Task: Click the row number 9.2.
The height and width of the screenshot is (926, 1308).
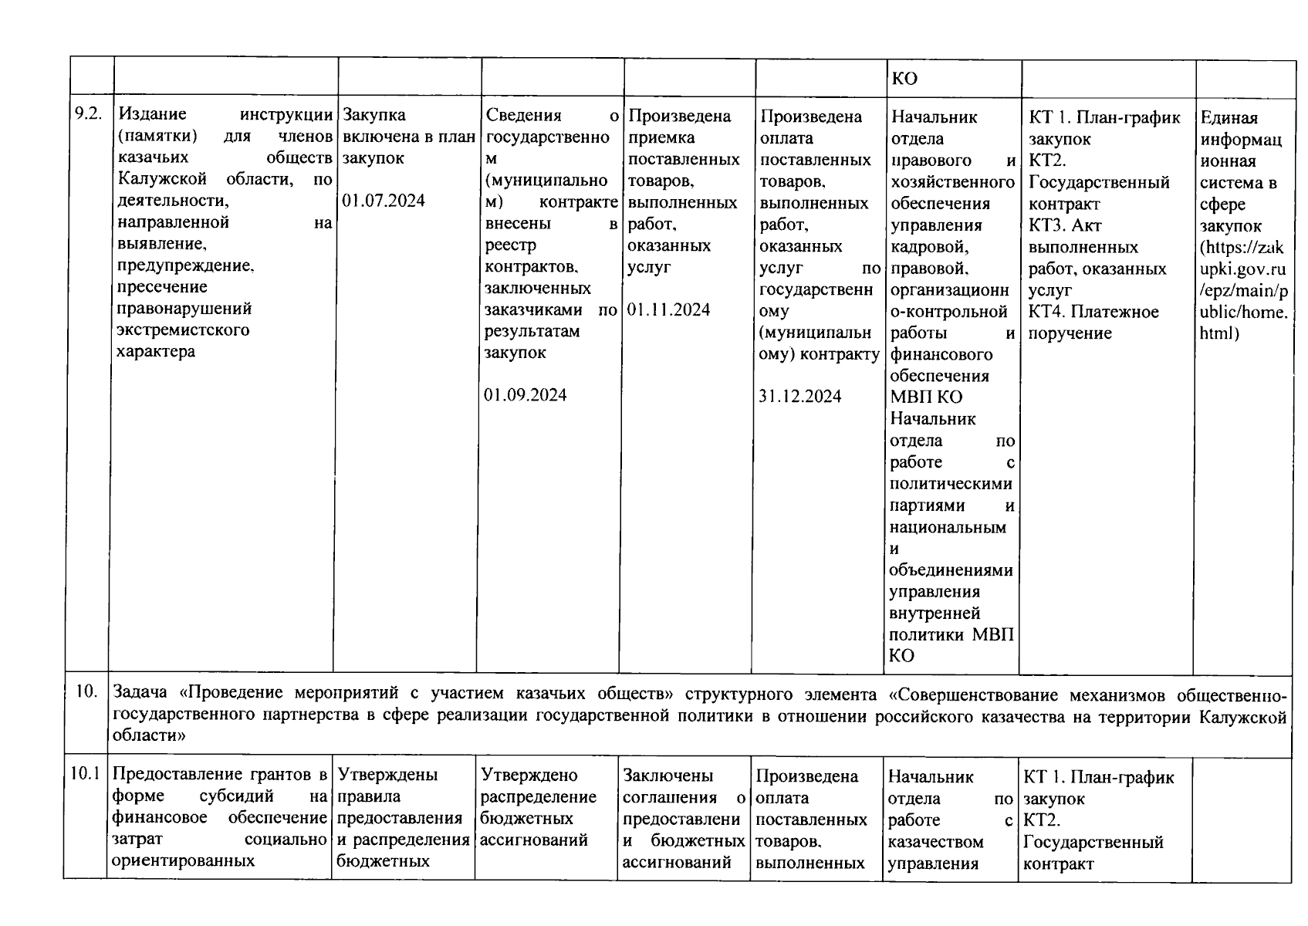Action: [87, 114]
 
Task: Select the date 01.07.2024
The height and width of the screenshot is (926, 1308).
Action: [384, 201]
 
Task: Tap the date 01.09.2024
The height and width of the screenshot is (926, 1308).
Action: [526, 395]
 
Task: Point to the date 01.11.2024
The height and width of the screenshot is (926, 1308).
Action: [669, 310]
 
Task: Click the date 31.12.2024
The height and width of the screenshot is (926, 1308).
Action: [800, 397]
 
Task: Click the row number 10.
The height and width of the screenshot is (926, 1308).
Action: [86, 691]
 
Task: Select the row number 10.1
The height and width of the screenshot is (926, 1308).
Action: [86, 773]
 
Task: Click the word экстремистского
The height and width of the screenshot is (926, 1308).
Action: [183, 330]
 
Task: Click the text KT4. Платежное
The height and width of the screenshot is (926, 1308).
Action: [1093, 312]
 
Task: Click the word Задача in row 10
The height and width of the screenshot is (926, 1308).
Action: [140, 693]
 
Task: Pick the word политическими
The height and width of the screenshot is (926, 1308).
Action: [951, 485]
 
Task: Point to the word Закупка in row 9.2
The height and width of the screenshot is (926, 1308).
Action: [374, 115]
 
